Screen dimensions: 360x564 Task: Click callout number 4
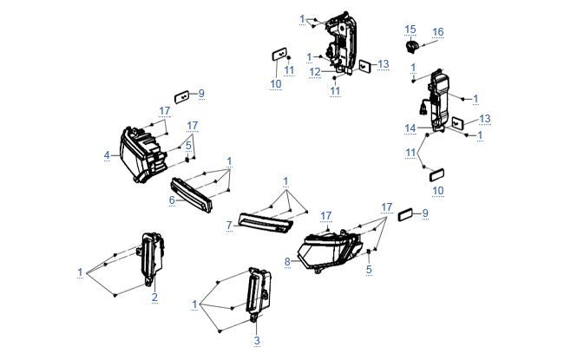(108, 155)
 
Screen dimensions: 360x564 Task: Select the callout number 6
(172, 200)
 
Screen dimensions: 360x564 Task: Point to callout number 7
(229, 226)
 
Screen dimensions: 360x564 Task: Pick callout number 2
(154, 298)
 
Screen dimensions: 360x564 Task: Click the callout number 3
(257, 341)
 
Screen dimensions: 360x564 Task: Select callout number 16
(438, 32)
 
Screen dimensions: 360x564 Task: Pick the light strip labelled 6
(193, 193)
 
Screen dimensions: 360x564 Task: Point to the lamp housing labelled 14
(435, 100)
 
